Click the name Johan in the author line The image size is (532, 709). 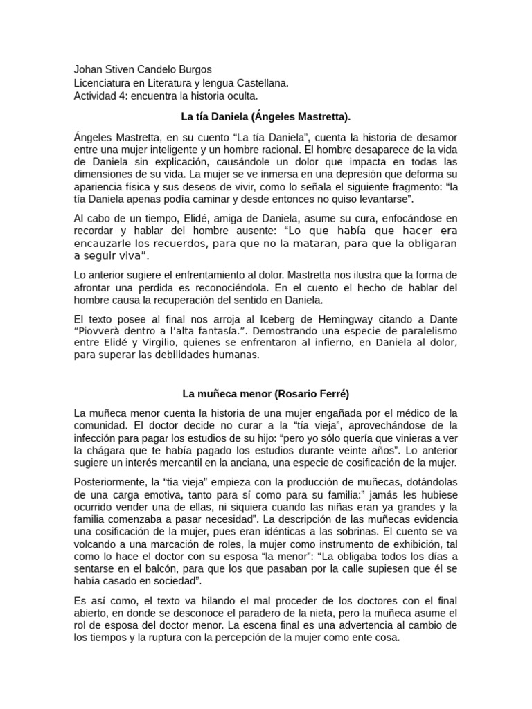pos(88,70)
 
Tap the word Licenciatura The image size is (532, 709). pos(104,82)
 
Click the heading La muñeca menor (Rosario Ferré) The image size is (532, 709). pos(265,394)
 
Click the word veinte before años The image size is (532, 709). pos(357,451)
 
